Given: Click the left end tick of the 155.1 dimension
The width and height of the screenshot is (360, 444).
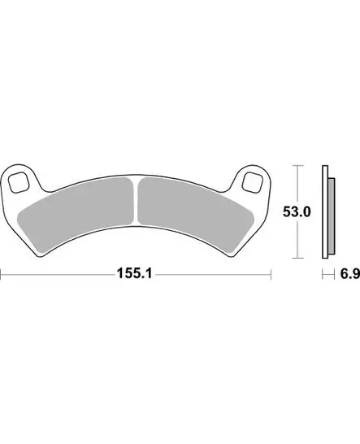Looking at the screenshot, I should pyautogui.click(x=2, y=276).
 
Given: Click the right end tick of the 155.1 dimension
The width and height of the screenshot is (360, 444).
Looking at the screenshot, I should pyautogui.click(x=271, y=276).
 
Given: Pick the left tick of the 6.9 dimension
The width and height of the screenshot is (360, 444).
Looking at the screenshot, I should pyautogui.click(x=323, y=276).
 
